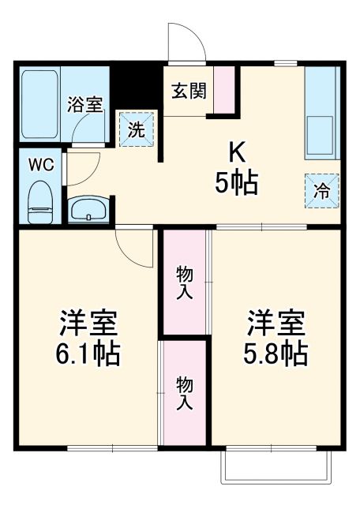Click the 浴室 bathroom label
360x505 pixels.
(85, 105)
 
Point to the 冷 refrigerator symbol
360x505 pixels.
(322, 190)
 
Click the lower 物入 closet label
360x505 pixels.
(183, 392)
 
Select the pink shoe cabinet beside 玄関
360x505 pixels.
(224, 90)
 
